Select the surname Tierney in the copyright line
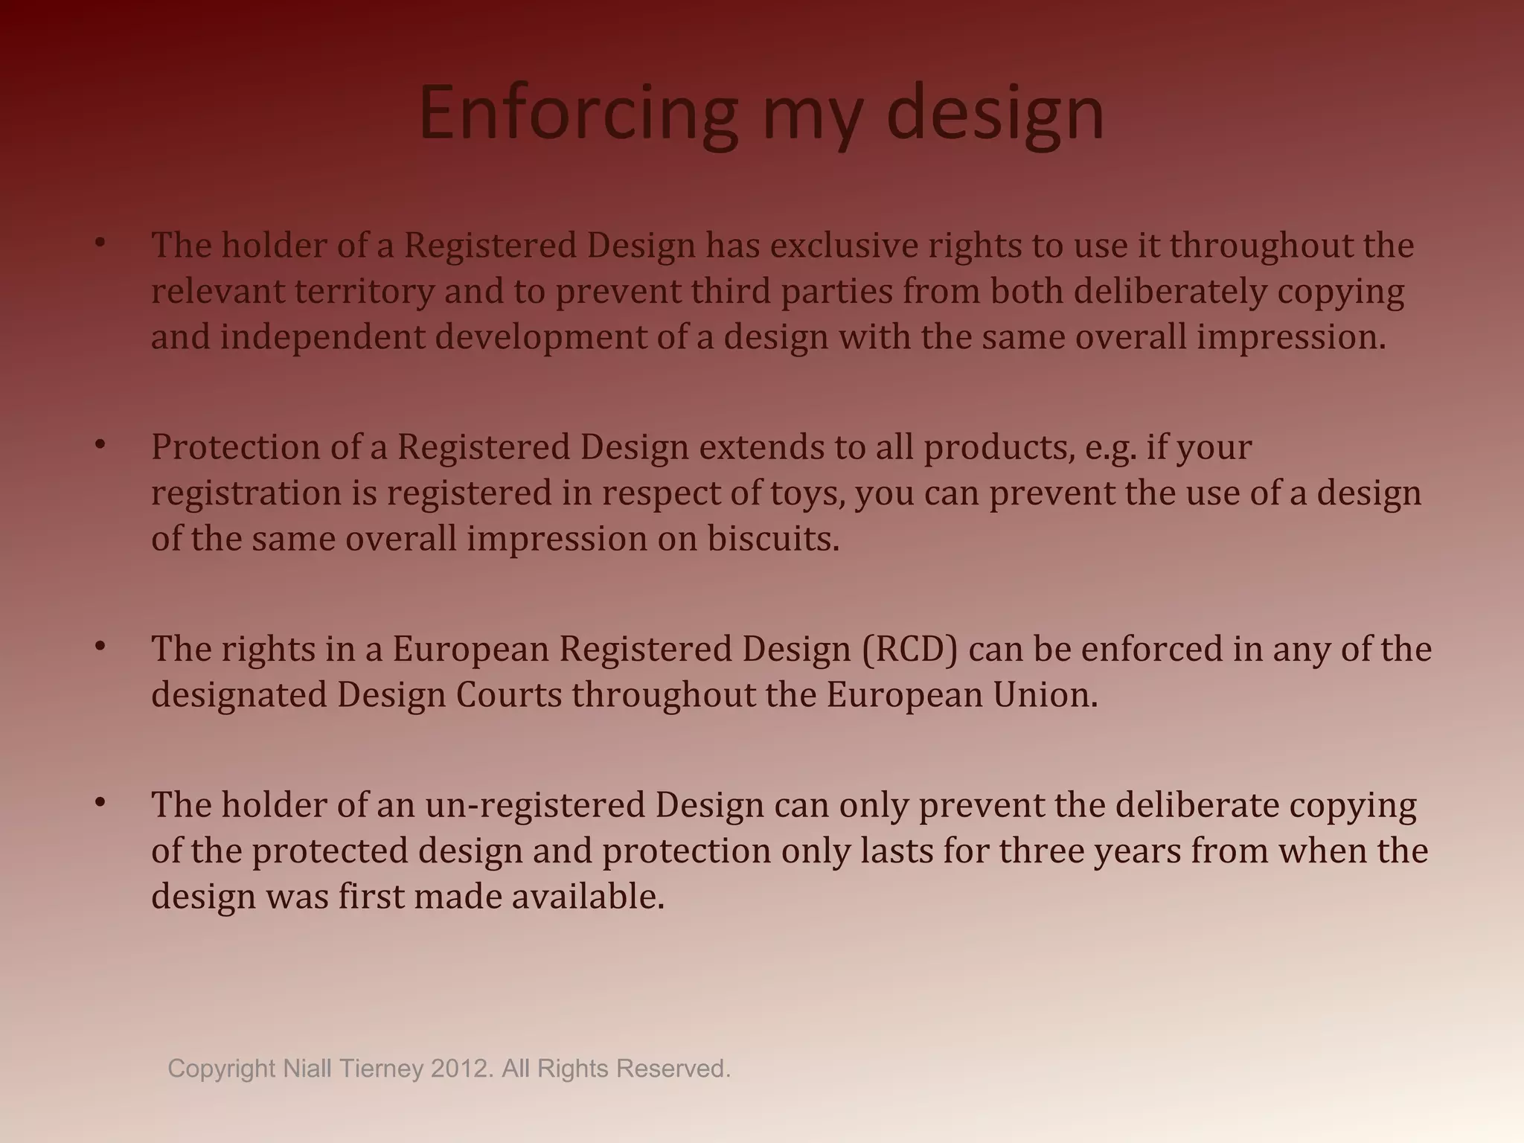click(x=381, y=1069)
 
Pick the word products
click(x=999, y=447)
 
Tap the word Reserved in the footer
click(x=674, y=1069)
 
